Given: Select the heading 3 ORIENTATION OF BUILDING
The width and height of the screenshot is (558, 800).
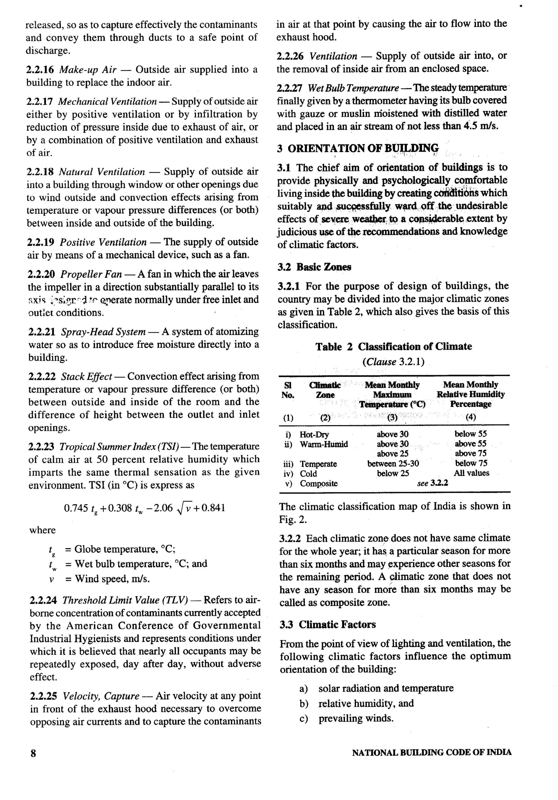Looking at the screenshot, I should pyautogui.click(x=358, y=149).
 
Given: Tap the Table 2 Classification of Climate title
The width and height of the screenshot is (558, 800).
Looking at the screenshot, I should pyautogui.click(x=394, y=347).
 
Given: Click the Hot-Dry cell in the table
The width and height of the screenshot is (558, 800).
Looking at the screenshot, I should pyautogui.click(x=314, y=435).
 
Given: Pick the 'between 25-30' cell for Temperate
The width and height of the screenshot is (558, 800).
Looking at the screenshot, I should pyautogui.click(x=393, y=464).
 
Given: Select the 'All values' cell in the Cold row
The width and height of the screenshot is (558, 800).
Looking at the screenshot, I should pyautogui.click(x=471, y=473).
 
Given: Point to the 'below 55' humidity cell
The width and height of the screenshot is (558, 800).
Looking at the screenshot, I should pyautogui.click(x=470, y=434).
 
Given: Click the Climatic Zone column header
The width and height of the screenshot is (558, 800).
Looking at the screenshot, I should pyautogui.click(x=325, y=390).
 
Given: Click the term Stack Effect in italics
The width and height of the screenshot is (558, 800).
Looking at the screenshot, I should pyautogui.click(x=86, y=377).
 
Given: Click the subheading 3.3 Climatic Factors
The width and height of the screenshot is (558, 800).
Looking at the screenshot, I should pyautogui.click(x=327, y=625).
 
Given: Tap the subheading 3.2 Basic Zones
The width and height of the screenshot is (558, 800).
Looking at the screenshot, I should pyautogui.click(x=314, y=267).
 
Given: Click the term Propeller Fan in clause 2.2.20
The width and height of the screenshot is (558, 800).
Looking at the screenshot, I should pyautogui.click(x=91, y=275).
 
